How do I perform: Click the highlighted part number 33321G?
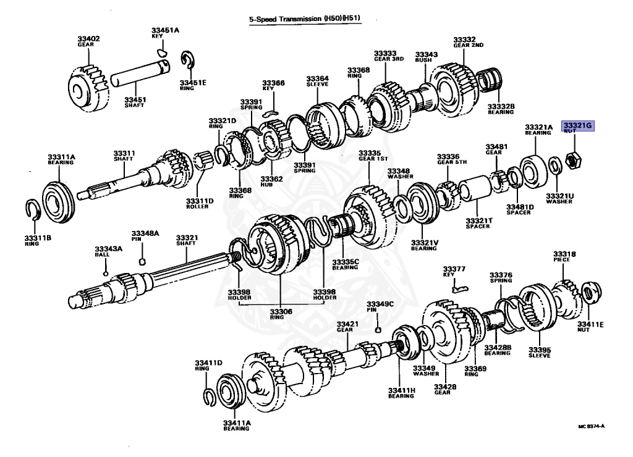pos(577,125)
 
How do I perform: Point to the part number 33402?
pos(88,39)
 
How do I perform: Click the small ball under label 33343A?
pos(106,272)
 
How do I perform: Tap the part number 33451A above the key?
pos(165,30)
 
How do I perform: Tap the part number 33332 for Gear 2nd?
pos(464,39)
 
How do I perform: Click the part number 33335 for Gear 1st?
pos(369,152)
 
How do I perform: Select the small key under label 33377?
pos(458,286)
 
